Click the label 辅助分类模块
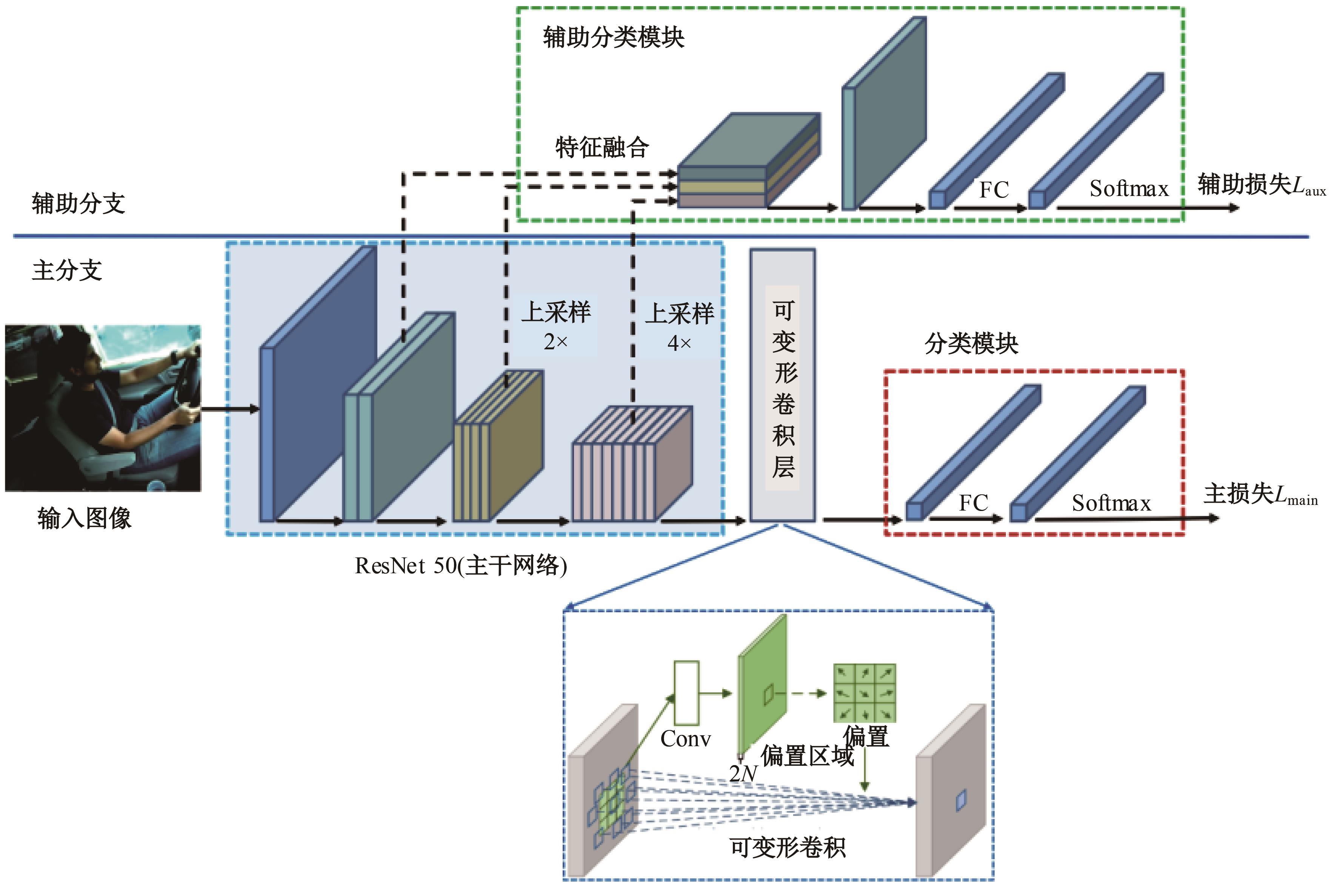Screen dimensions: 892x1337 click(613, 37)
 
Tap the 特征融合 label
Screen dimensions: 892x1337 click(602, 147)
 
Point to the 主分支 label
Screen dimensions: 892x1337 click(67, 270)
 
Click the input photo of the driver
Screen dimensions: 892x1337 click(103, 407)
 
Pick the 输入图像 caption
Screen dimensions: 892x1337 click(84, 518)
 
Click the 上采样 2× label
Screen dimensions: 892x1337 click(555, 326)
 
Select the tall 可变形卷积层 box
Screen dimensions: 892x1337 click(782, 385)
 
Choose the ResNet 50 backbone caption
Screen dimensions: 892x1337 click(460, 565)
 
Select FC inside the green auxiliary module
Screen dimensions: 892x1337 click(994, 190)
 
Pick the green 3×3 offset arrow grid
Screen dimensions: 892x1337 click(864, 693)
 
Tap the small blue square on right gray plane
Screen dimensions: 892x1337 click(961, 800)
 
